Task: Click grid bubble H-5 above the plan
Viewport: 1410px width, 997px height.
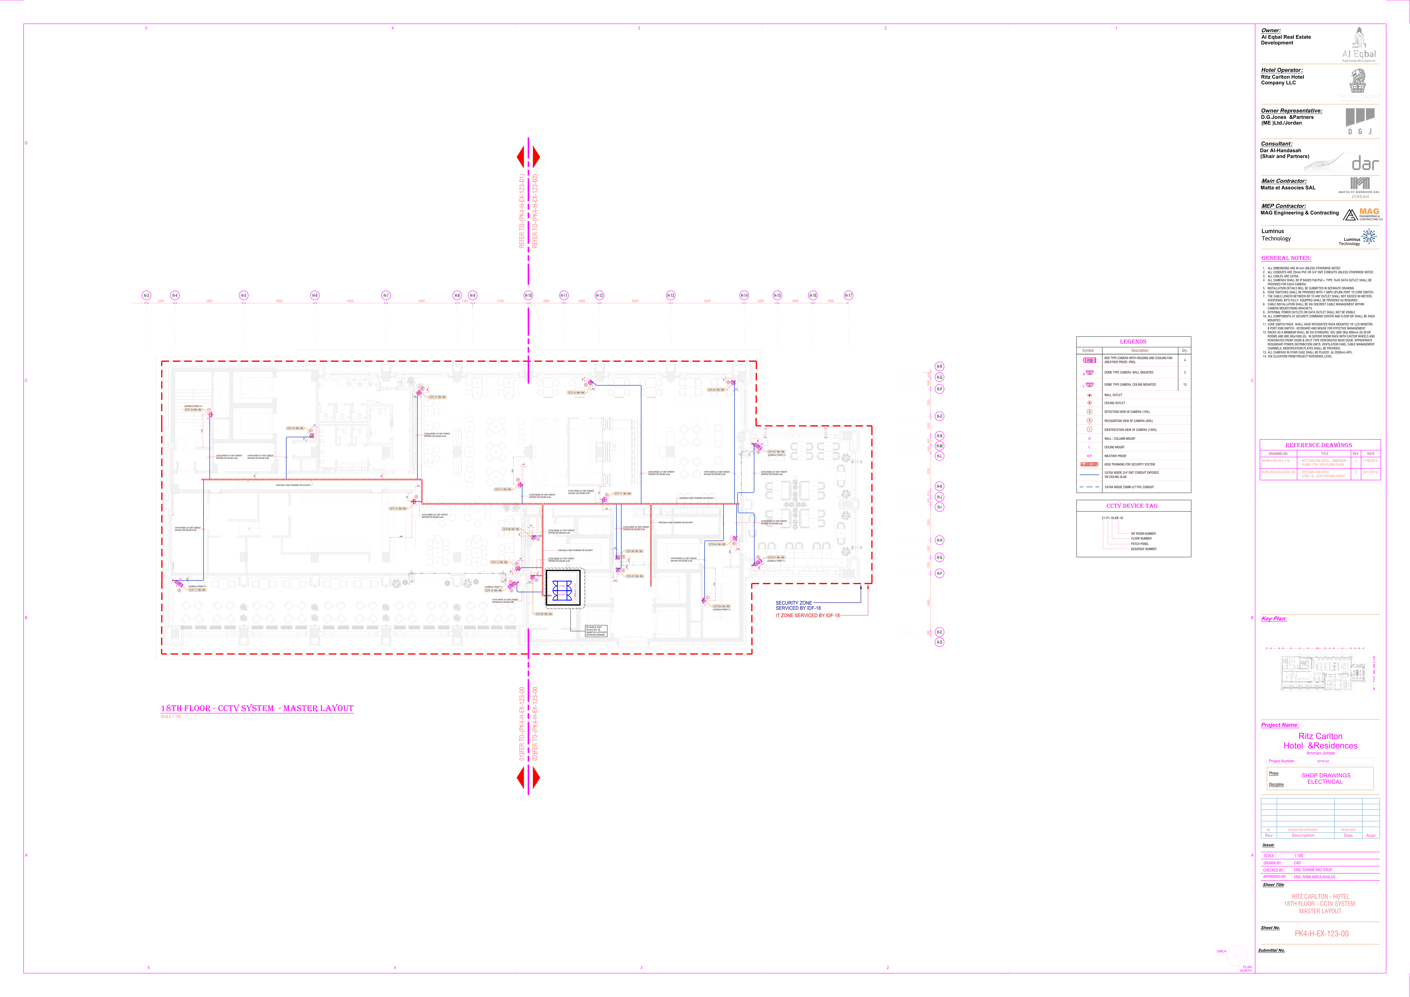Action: (244, 295)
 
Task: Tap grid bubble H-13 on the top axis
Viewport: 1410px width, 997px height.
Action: (671, 295)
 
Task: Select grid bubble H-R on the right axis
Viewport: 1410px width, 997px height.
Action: (939, 367)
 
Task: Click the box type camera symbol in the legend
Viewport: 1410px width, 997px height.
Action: (1089, 360)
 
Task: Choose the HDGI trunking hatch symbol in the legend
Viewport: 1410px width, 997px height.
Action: (1089, 465)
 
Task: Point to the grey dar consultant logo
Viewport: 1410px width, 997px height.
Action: (1365, 163)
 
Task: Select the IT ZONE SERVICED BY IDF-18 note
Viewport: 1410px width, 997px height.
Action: (807, 615)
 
